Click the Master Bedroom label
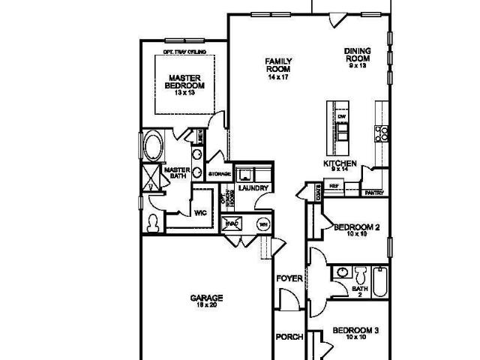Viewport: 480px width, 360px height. [x=181, y=82]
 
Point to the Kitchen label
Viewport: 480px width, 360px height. [x=339, y=164]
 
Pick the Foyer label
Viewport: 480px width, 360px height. [x=289, y=279]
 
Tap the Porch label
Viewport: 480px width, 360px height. [x=289, y=337]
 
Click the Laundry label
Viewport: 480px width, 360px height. [x=253, y=188]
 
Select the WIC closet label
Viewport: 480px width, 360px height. [x=200, y=213]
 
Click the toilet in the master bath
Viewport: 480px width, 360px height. [x=153, y=222]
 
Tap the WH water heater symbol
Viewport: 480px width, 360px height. [x=263, y=223]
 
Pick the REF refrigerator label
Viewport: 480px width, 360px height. [x=334, y=185]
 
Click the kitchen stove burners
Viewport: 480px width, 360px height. [x=382, y=133]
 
